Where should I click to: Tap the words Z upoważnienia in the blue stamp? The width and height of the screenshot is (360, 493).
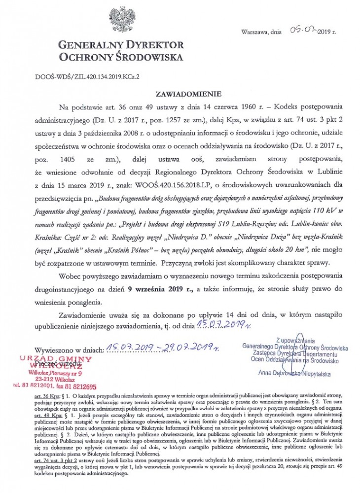pyautogui.click(x=295, y=340)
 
